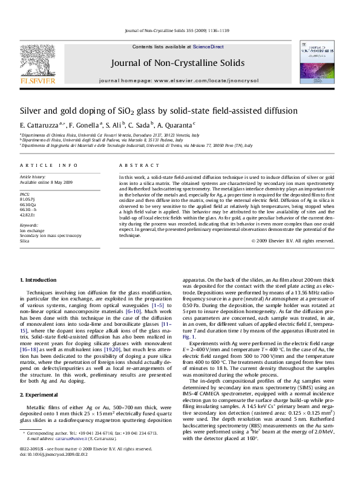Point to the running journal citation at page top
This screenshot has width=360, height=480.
coord(180,30)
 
